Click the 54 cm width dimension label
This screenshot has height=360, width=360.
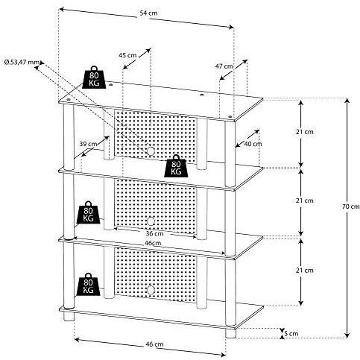[148, 13]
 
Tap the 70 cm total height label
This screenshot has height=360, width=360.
[351, 206]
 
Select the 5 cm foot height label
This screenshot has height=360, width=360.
[291, 333]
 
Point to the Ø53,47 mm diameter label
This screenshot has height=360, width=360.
[22, 62]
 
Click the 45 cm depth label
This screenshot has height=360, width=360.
[127, 55]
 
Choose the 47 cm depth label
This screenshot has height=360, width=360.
[224, 66]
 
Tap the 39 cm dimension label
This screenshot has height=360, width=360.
[88, 144]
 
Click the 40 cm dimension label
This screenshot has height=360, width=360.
[253, 144]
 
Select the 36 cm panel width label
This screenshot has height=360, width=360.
[154, 234]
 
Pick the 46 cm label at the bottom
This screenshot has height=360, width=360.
[154, 344]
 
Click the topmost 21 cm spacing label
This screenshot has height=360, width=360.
[305, 132]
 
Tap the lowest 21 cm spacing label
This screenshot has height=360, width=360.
[305, 270]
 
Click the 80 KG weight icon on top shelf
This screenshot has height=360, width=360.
[94, 78]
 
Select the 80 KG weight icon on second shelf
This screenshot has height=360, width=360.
[176, 165]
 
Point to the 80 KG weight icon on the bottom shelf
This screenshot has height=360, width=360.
[88, 284]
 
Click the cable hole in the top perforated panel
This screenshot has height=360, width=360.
[151, 151]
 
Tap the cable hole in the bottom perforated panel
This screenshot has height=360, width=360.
[151, 290]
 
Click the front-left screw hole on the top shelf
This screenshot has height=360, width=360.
[69, 100]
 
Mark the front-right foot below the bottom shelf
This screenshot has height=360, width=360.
[230, 333]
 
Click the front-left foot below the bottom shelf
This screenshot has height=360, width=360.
[69, 316]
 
